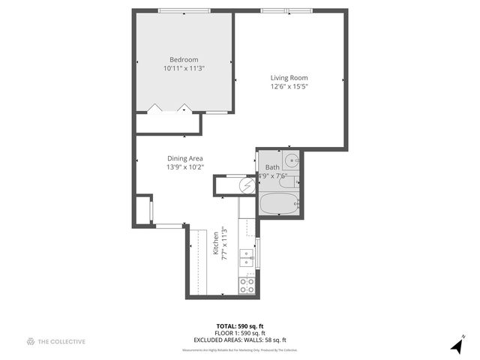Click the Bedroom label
(184, 59)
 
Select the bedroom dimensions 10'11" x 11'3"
(184, 68)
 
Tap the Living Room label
(289, 77)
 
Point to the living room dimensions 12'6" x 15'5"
(289, 86)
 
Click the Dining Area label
(184, 157)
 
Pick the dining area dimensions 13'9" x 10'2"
(184, 166)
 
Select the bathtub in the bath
(278, 203)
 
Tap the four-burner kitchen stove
(246, 285)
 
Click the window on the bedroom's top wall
(184, 10)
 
